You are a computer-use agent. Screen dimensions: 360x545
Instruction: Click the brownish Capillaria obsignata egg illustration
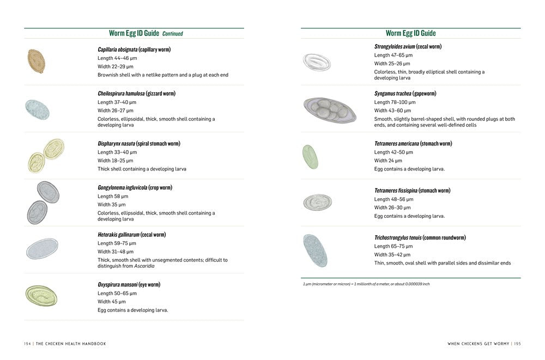click(x=36, y=62)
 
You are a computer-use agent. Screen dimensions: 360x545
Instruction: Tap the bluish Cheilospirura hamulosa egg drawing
click(x=37, y=109)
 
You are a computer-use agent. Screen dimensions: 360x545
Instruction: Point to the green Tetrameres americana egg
click(x=310, y=156)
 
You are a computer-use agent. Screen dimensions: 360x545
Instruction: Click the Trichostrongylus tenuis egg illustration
click(x=314, y=250)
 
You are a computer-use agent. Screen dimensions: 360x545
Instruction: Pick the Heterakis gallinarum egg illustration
click(x=42, y=248)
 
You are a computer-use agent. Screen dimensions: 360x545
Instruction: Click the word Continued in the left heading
click(x=172, y=34)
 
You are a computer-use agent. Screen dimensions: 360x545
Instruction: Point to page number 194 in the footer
click(x=27, y=344)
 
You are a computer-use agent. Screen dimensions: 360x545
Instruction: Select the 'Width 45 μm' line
click(x=111, y=302)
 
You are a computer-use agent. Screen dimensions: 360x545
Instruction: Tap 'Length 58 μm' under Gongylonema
click(x=112, y=196)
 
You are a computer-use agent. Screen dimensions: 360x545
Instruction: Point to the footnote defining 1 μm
click(x=366, y=284)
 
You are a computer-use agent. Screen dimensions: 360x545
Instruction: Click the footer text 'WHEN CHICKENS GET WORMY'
click(x=478, y=344)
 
